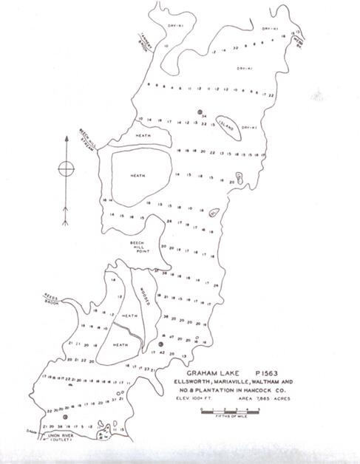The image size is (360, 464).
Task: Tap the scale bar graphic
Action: coord(227,411)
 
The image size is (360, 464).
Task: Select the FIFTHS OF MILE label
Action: coord(227,417)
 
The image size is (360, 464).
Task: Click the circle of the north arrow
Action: coord(66,166)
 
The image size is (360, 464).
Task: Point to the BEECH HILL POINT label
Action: coord(140,247)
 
